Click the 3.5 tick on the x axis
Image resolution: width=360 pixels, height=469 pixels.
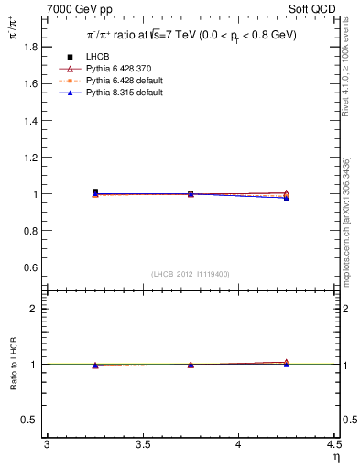tap(142, 444)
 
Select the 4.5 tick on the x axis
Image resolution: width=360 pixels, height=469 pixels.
tap(333, 444)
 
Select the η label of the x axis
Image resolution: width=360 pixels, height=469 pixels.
tap(335, 457)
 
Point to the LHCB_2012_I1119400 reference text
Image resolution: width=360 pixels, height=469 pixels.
tap(191, 274)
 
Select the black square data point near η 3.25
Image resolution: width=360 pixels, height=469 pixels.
tap(95, 192)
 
